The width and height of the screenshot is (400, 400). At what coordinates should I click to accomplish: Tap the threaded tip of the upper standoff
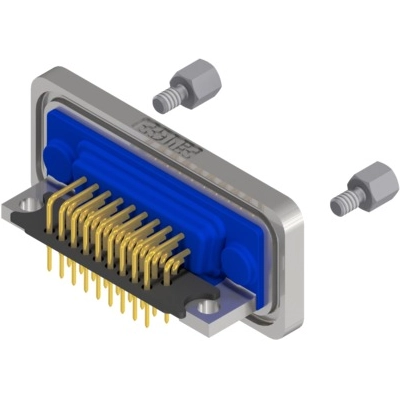coord(163,100)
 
